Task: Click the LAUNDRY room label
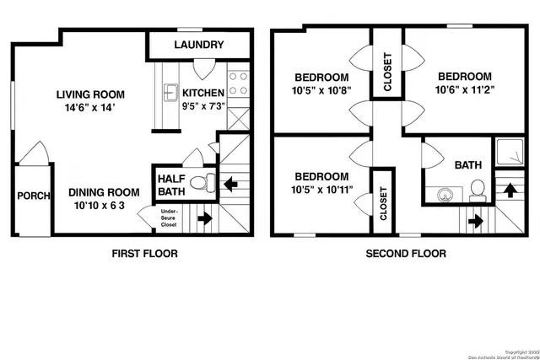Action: pos(199,45)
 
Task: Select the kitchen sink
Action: pos(170,91)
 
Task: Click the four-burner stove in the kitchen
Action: pos(238,83)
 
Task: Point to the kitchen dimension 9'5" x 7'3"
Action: pos(204,108)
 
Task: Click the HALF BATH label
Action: pos(170,185)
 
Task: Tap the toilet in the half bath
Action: pos(201,182)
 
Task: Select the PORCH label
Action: pos(33,196)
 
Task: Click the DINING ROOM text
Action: pos(104,191)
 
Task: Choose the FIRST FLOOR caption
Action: pos(145,253)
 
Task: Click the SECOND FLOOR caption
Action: pos(405,253)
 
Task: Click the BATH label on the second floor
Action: pos(468,165)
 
